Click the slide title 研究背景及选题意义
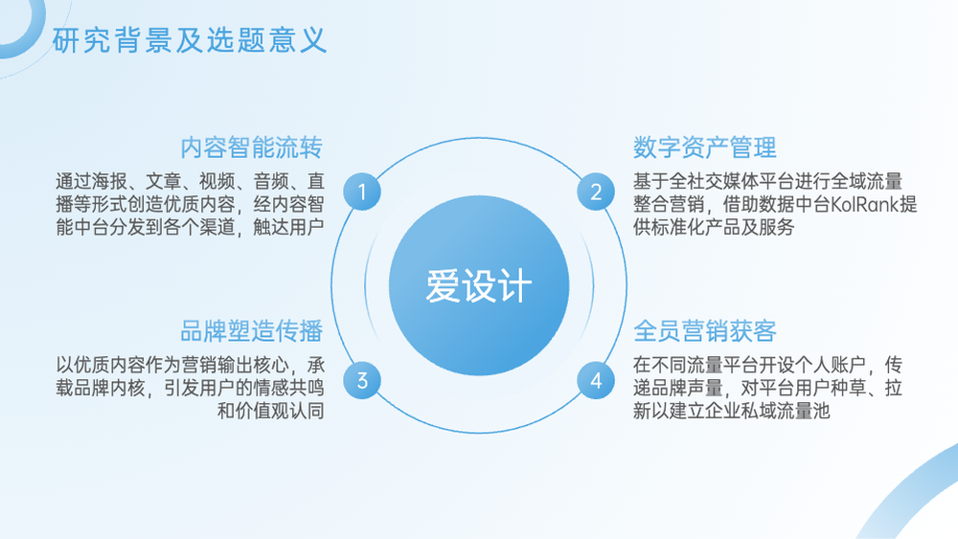click(x=190, y=41)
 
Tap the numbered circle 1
click(x=362, y=191)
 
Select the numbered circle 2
click(x=596, y=191)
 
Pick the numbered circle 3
click(x=362, y=380)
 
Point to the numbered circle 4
click(x=596, y=380)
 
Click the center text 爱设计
click(x=479, y=285)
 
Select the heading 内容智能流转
click(x=252, y=147)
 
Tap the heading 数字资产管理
click(x=704, y=147)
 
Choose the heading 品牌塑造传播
click(x=252, y=331)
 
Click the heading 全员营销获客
click(x=704, y=331)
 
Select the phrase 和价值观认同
click(x=271, y=411)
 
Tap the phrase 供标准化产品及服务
click(x=714, y=227)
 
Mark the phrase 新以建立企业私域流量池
click(x=731, y=411)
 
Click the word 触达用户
click(x=288, y=227)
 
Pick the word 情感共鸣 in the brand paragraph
click(x=288, y=388)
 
